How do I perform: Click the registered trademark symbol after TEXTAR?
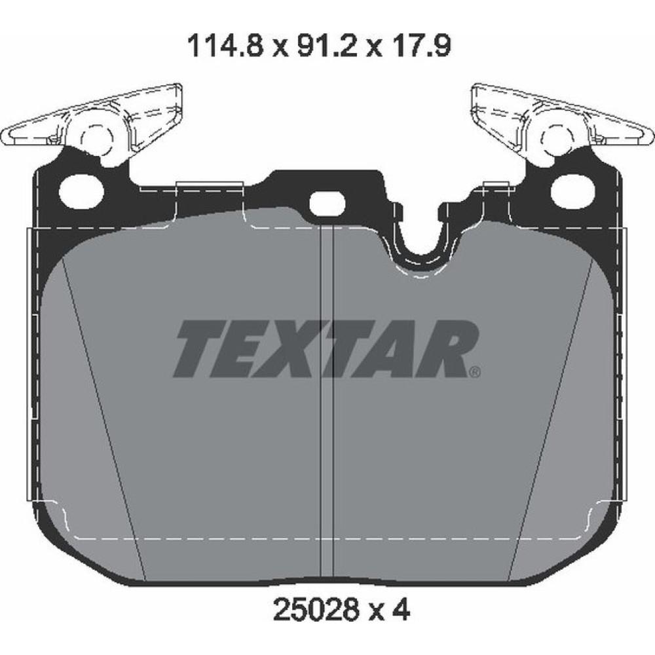point(476,372)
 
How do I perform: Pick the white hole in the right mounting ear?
point(572,191)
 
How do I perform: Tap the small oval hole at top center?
point(326,204)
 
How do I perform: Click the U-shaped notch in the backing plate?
point(421,246)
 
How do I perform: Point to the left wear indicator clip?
point(92,121)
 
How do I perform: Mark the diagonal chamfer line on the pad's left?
point(105,419)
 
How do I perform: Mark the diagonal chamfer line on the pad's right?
point(550,419)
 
